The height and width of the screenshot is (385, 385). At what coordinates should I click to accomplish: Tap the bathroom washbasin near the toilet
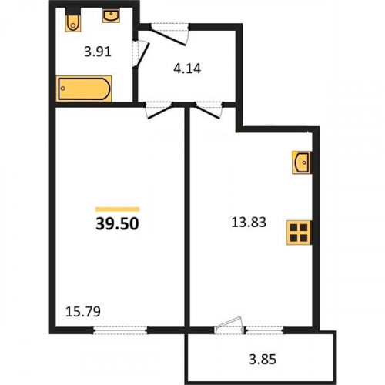pyautogui.click(x=111, y=15)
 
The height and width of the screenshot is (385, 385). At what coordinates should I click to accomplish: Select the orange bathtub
pyautogui.click(x=84, y=89)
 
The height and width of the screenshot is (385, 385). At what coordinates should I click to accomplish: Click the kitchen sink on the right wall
pyautogui.click(x=302, y=162)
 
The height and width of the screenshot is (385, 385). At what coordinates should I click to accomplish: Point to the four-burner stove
pyautogui.click(x=299, y=233)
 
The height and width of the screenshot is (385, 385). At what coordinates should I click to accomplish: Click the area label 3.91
pyautogui.click(x=98, y=52)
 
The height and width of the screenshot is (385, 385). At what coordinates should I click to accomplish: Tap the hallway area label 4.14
pyautogui.click(x=187, y=69)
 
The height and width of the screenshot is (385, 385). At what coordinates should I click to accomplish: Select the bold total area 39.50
pyautogui.click(x=117, y=223)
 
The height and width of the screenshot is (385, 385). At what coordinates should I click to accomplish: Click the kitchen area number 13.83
pyautogui.click(x=249, y=222)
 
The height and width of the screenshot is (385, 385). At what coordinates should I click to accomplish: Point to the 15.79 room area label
pyautogui.click(x=83, y=312)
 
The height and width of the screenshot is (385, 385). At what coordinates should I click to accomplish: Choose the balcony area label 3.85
pyautogui.click(x=263, y=360)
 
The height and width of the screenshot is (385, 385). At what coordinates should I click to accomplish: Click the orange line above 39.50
pyautogui.click(x=117, y=209)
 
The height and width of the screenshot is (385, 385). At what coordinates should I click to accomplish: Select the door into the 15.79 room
pyautogui.click(x=159, y=112)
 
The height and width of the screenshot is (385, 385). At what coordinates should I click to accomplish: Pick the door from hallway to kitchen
pyautogui.click(x=207, y=112)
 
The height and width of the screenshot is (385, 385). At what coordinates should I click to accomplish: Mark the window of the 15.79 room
pyautogui.click(x=120, y=330)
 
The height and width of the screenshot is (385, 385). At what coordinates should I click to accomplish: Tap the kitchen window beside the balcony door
pyautogui.click(x=264, y=330)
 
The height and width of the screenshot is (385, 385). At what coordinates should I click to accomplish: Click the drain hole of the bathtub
pyautogui.click(x=63, y=89)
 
